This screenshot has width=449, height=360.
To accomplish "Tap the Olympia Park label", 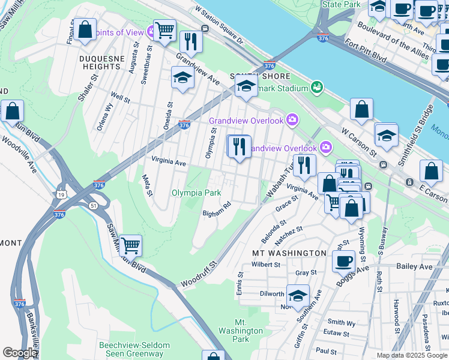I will tap(196, 193).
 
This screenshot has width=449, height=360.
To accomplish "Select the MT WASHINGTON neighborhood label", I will tap(289, 253).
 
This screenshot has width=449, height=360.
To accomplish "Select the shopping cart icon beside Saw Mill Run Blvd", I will tap(130, 245).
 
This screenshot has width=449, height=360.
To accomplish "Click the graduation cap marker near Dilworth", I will tap(297, 296).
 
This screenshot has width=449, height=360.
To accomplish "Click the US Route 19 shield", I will tap(61, 195).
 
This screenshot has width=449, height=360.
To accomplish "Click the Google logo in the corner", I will tap(20, 353).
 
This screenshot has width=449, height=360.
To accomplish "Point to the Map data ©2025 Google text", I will tap(412, 355).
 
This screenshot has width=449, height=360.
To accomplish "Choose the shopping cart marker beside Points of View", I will tap(164, 29).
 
